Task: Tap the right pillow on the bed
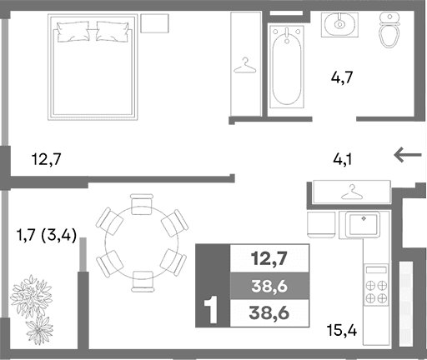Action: pos(112,32)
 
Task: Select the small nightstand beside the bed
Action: pos(153,22)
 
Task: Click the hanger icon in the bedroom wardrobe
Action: pos(245,64)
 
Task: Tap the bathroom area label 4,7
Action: pos(343,80)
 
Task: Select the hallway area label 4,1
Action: pos(343,157)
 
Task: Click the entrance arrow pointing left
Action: pos(408,154)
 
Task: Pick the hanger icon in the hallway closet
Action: pos(351,192)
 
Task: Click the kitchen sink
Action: pos(364,223)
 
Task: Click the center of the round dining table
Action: pos(141,240)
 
